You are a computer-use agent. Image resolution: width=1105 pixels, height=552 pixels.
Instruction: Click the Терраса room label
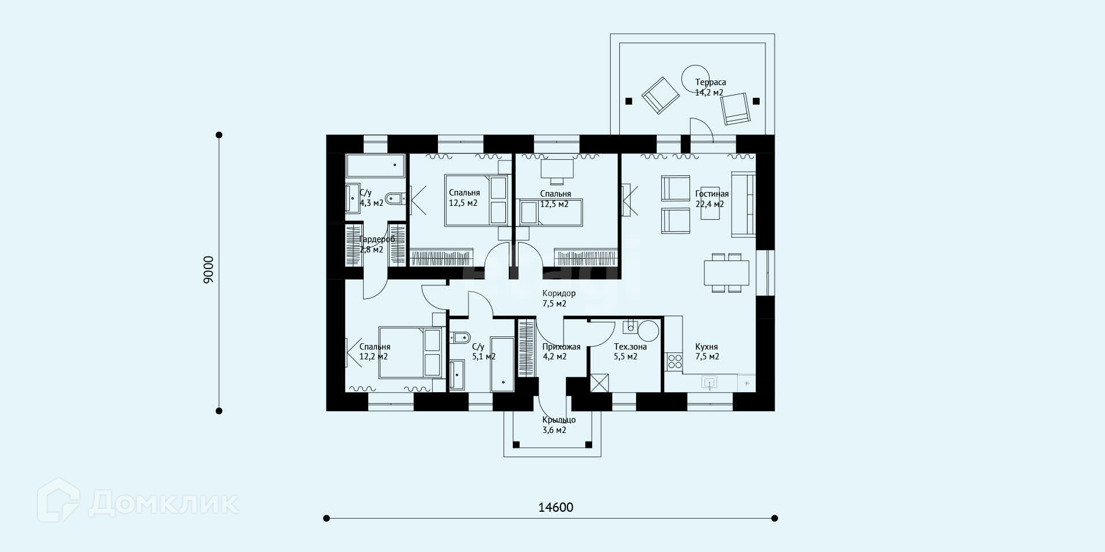pos(710,82)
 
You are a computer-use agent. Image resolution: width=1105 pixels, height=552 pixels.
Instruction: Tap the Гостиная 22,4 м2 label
pos(712,199)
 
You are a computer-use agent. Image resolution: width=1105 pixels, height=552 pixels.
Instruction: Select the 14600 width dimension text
pos(556,507)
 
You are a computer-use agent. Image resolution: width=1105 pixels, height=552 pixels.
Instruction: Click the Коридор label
pos(559,293)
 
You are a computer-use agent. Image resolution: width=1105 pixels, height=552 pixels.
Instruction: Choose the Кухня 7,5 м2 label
pos(707,351)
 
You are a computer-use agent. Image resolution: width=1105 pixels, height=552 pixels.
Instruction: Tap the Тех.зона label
pos(630,347)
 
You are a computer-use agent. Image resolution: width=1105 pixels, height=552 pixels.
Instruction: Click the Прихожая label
pos(561,347)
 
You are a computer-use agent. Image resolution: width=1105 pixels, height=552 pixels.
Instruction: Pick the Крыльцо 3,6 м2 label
pos(559,424)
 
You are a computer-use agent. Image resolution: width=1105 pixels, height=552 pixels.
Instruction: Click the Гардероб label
pos(377,239)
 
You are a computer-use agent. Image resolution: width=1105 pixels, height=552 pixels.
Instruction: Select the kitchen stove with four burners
pos(675,361)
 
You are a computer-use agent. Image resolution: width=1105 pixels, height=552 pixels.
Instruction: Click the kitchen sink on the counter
pos(711,382)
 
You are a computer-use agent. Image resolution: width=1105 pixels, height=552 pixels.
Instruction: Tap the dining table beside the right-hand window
pos(726,273)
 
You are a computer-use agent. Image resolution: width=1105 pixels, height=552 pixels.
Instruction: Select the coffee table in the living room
pos(710,205)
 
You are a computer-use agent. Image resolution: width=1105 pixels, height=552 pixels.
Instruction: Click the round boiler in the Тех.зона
pos(649,331)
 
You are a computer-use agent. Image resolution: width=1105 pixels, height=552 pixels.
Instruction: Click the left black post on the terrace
pos(628,101)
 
